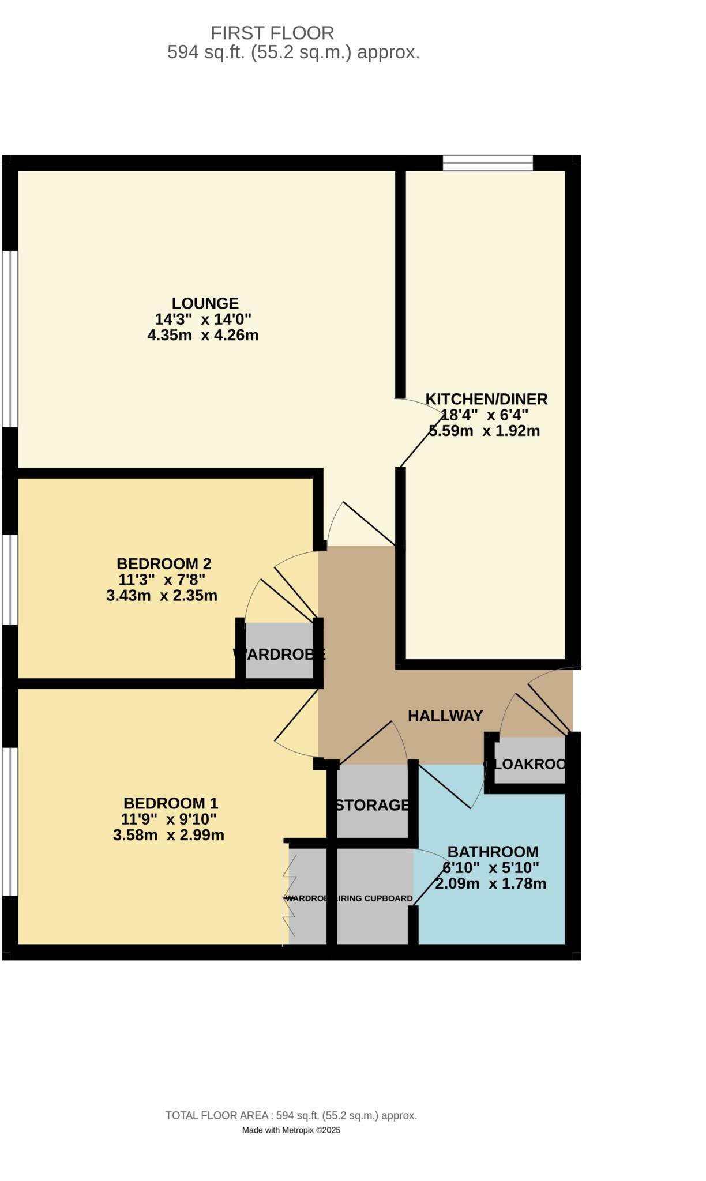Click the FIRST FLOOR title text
pyautogui.click(x=272, y=32)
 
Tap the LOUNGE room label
pyautogui.click(x=205, y=303)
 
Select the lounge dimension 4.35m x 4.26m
pyautogui.click(x=202, y=336)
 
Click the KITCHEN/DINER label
pyautogui.click(x=486, y=399)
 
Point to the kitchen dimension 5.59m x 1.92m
pyautogui.click(x=485, y=431)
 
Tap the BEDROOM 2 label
pyautogui.click(x=164, y=563)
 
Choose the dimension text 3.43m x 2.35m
pyautogui.click(x=162, y=596)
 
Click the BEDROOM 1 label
pyautogui.click(x=171, y=803)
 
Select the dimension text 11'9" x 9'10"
pyautogui.click(x=168, y=819)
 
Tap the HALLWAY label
pyautogui.click(x=445, y=716)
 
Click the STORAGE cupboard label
pyautogui.click(x=373, y=805)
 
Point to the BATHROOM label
pyautogui.click(x=493, y=852)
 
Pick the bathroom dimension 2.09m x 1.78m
pyautogui.click(x=490, y=884)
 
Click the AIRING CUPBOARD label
pyautogui.click(x=374, y=898)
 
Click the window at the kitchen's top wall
pyautogui.click(x=488, y=163)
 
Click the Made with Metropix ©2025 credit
pyautogui.click(x=291, y=1130)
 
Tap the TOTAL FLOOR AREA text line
pyautogui.click(x=291, y=1116)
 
